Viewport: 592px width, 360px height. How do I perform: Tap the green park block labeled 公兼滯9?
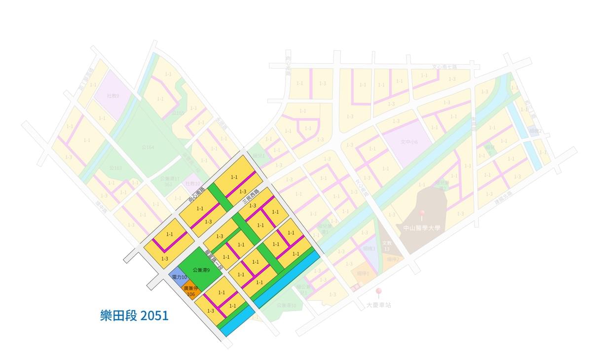pos(201,270)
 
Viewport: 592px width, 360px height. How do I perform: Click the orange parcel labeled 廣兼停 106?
pos(190,291)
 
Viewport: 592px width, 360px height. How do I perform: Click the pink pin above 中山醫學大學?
pos(422,214)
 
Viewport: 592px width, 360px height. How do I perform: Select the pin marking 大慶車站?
pos(378,292)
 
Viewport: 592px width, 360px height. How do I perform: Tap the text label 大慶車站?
pos(378,305)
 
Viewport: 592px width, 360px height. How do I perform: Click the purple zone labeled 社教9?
pos(113,96)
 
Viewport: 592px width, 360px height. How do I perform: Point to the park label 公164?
pos(148,147)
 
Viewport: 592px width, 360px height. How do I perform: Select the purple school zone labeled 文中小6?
pos(409,142)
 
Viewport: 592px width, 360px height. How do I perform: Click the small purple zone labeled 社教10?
pos(193,183)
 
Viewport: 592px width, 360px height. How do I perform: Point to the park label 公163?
pos(115,168)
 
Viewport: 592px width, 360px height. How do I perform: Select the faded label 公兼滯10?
pos(286,306)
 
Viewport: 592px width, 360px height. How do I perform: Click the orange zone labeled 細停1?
pos(364,273)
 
